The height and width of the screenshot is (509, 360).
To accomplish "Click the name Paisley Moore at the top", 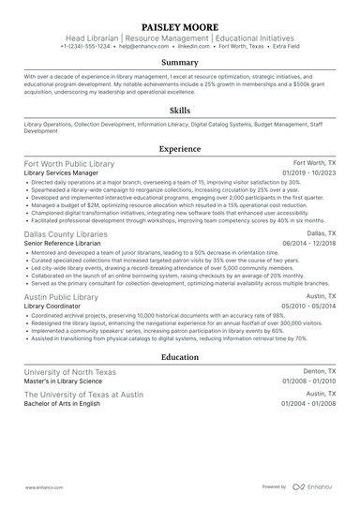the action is coord(180,25).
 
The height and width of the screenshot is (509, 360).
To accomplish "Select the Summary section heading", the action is coord(180,63).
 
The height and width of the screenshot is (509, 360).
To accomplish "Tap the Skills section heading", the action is coord(180,110).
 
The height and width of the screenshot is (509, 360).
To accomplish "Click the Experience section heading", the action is coord(180,148).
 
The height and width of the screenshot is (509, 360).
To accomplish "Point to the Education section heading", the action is coord(180,357).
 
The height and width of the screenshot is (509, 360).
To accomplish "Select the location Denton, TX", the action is coord(319,372).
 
